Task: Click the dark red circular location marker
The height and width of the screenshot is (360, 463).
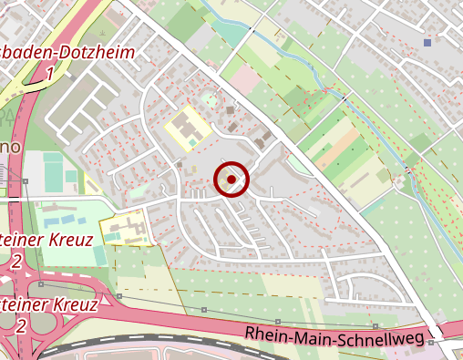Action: pyautogui.click(x=232, y=180)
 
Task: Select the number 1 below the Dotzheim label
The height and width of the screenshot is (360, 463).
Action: pyautogui.click(x=48, y=73)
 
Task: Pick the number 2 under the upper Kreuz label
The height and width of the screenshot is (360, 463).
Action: pyautogui.click(x=16, y=262)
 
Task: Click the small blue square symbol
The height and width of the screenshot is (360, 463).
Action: pyautogui.click(x=427, y=42)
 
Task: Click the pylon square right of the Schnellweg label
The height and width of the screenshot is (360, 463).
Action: pyautogui.click(x=376, y=325)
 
